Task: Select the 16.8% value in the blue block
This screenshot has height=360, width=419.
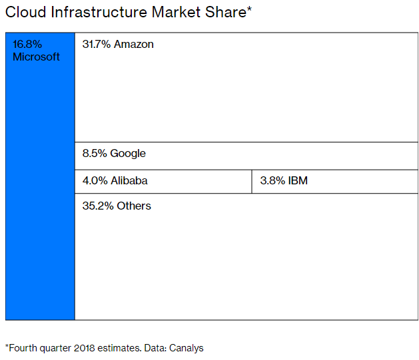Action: point(27,45)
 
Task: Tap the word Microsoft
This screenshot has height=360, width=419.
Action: point(36,57)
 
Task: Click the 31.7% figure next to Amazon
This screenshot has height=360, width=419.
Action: point(97,45)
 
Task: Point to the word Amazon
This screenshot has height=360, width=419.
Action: point(134,45)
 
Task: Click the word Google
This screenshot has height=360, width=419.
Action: point(128,154)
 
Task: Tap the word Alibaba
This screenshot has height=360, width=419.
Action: point(129,180)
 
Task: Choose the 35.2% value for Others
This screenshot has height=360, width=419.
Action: point(97,206)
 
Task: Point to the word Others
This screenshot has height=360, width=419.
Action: point(134,206)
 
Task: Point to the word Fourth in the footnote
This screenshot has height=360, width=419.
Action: point(24,347)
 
